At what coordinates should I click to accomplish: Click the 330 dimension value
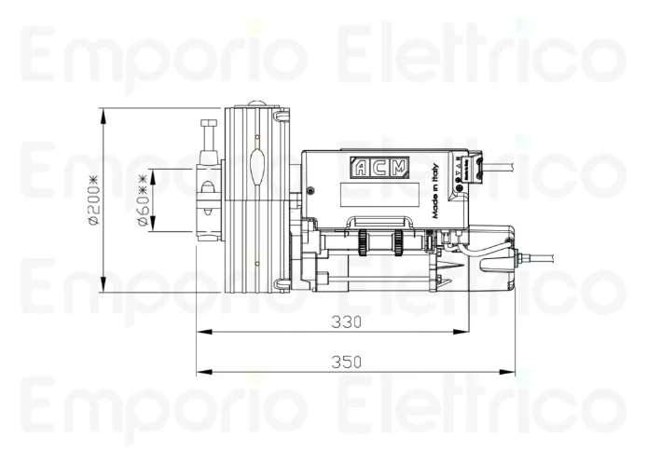[346, 322]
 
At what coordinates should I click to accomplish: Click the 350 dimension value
[346, 363]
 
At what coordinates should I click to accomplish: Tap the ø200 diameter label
[92, 199]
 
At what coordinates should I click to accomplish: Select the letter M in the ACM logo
[398, 168]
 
